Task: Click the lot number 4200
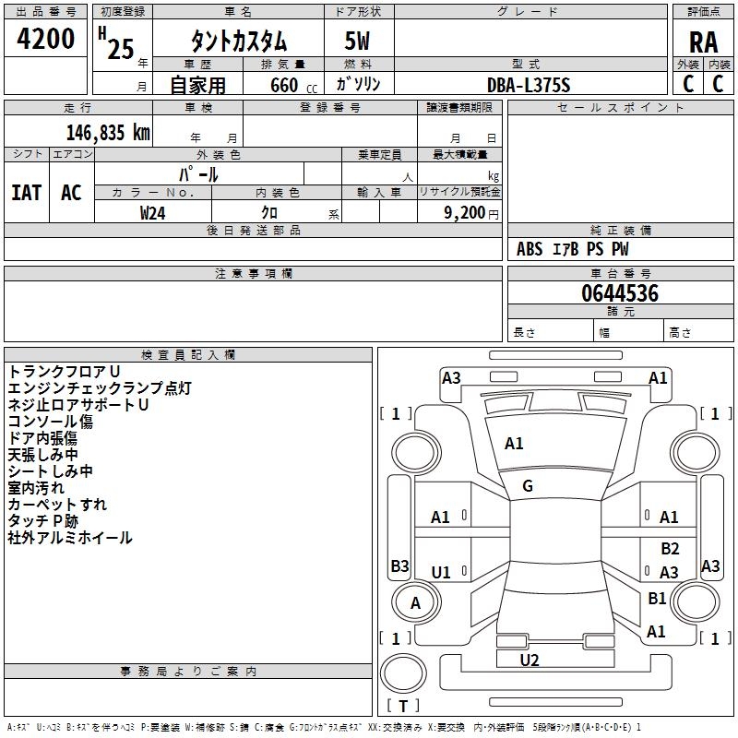pos(46,40)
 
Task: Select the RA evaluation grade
pos(703,42)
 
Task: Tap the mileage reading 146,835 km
pos(108,133)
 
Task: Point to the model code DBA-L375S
pos(529,85)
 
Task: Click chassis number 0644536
pos(619,293)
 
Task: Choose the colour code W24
pos(153,212)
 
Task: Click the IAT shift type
pos(26,193)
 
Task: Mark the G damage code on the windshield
pos(528,486)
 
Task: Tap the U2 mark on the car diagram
pos(529,660)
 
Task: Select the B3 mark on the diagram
pos(399,566)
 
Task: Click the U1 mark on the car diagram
pos(441,573)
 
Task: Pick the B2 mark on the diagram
pos(670,549)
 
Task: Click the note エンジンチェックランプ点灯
pos(100,388)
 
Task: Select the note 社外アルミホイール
pos(70,538)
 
